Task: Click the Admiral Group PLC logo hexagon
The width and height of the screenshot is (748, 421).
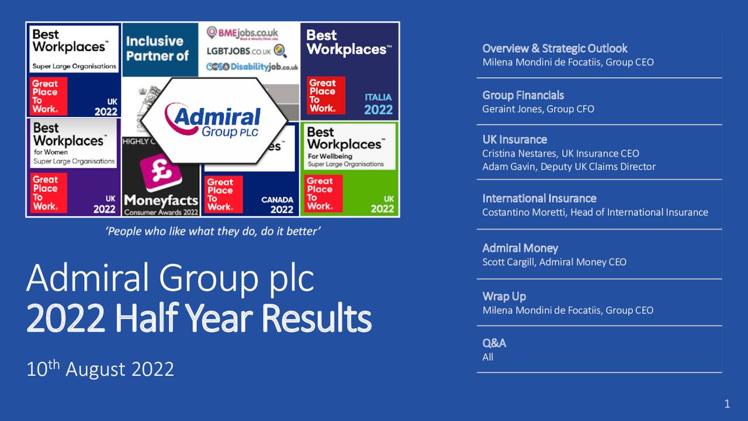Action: click(214, 119)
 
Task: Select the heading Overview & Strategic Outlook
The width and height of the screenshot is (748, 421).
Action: click(555, 49)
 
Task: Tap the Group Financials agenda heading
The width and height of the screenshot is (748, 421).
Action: click(523, 95)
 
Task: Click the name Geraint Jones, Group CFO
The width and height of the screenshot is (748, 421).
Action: click(538, 109)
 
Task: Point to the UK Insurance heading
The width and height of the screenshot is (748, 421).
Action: click(514, 140)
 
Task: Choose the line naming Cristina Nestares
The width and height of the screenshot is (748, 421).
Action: click(560, 153)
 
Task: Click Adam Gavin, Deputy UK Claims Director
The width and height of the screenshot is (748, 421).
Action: click(569, 167)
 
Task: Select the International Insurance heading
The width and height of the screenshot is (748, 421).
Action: click(539, 199)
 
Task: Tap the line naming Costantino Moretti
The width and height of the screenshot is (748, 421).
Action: click(595, 212)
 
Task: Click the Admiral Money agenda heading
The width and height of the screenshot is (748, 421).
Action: click(520, 249)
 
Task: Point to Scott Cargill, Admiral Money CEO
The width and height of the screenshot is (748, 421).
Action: click(554, 262)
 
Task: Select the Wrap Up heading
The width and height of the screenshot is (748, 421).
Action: click(504, 296)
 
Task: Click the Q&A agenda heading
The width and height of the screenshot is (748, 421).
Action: click(494, 343)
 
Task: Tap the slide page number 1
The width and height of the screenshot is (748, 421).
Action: click(727, 403)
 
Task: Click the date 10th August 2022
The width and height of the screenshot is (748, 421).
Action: click(100, 369)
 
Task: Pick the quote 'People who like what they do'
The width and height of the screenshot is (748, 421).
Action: click(213, 232)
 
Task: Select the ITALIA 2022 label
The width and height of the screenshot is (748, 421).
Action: click(378, 103)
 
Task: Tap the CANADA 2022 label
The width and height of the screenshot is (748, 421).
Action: click(277, 205)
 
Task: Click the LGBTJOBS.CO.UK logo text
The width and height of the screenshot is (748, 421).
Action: click(240, 51)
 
